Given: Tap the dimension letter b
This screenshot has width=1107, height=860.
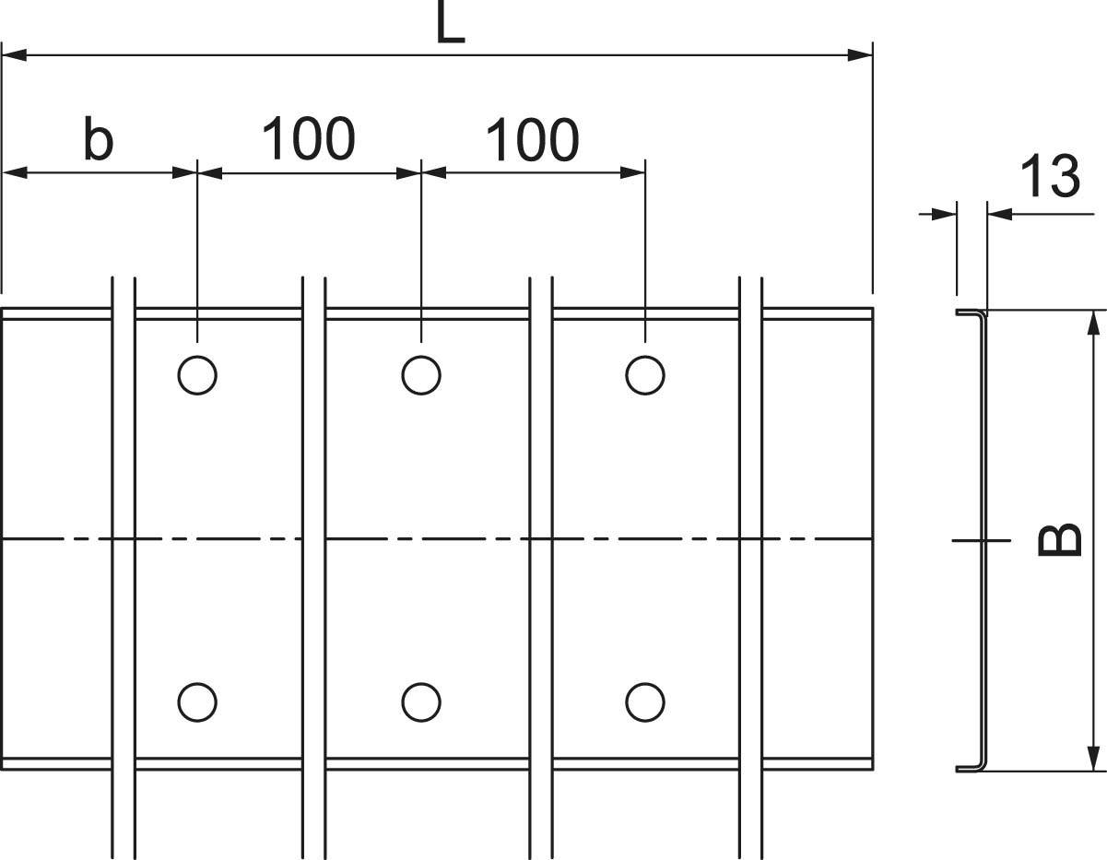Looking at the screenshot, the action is tap(98, 140).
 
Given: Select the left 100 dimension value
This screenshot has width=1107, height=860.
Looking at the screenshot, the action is tap(308, 139).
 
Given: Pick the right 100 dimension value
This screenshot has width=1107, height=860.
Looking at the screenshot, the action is tap(532, 140).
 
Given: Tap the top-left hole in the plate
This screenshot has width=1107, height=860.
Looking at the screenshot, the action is tap(197, 375).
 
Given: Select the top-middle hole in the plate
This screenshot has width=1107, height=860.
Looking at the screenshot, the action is tap(421, 375).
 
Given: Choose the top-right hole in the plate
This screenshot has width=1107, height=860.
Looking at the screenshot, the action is tap(644, 375).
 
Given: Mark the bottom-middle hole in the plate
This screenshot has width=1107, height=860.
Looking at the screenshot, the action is tap(420, 702).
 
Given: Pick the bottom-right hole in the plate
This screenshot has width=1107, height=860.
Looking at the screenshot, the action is tap(644, 702).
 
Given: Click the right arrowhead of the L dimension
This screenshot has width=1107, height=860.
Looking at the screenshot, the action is tap(861, 55).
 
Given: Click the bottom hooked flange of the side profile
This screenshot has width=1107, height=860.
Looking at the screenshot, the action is tap(971, 766).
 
